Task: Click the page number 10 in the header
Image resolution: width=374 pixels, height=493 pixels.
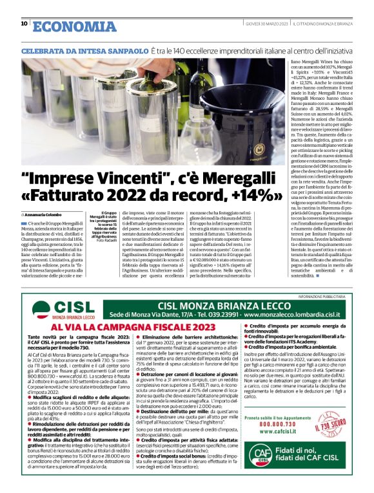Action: click(24, 24)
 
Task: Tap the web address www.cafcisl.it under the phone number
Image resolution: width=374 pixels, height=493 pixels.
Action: click(278, 433)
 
